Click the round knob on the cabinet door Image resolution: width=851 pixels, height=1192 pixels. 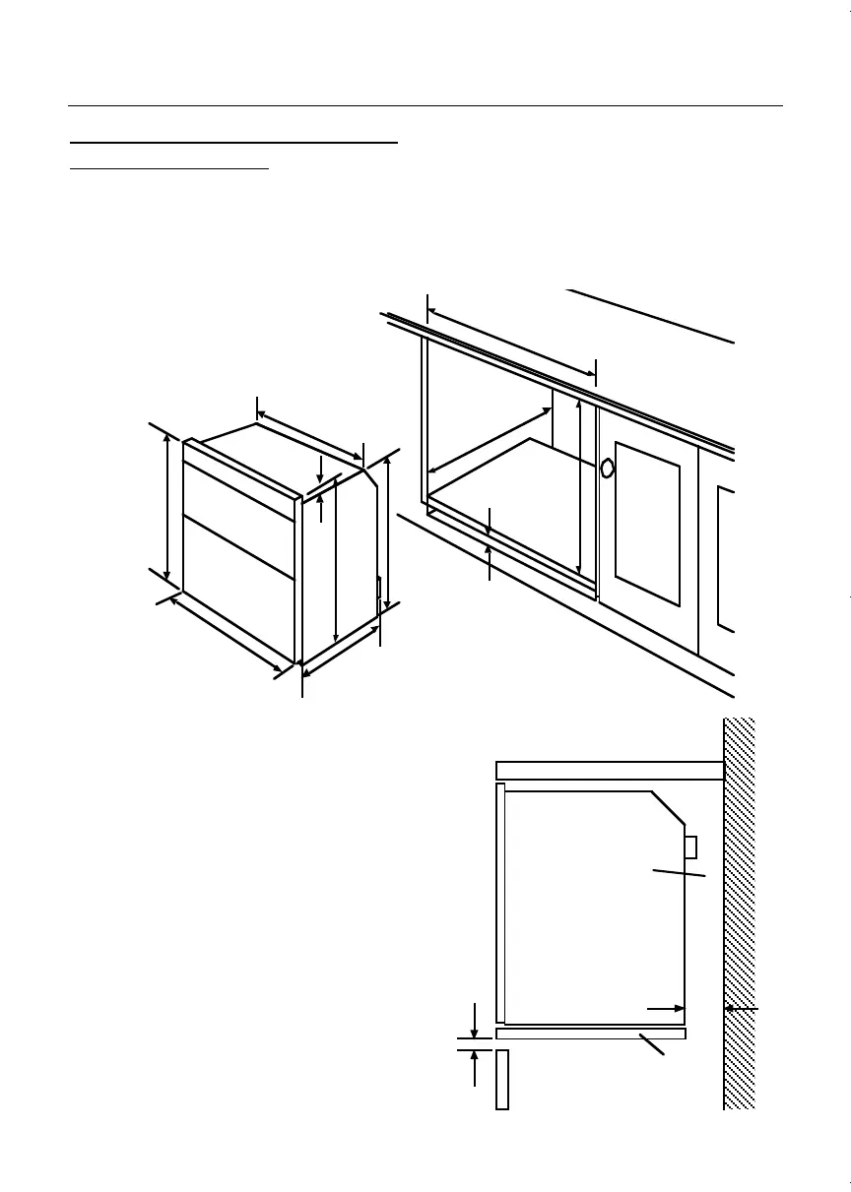608,468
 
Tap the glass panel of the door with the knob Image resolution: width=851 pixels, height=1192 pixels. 647,522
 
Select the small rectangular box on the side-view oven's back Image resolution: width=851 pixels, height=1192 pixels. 690,847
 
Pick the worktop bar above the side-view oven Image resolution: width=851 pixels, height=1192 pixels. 611,770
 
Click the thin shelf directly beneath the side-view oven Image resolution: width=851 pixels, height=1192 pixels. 590,1034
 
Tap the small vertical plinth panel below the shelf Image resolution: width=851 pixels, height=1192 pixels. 501,1079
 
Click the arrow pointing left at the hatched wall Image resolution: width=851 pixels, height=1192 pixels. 741,1009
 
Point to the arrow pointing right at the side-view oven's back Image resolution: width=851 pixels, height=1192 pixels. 666,1009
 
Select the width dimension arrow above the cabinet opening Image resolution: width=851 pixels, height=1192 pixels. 511,342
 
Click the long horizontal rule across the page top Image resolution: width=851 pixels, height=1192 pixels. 425,104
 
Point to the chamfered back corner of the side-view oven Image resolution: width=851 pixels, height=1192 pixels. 668,807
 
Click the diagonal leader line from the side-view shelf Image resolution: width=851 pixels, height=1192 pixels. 651,1044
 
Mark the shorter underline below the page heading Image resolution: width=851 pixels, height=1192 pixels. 169,168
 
